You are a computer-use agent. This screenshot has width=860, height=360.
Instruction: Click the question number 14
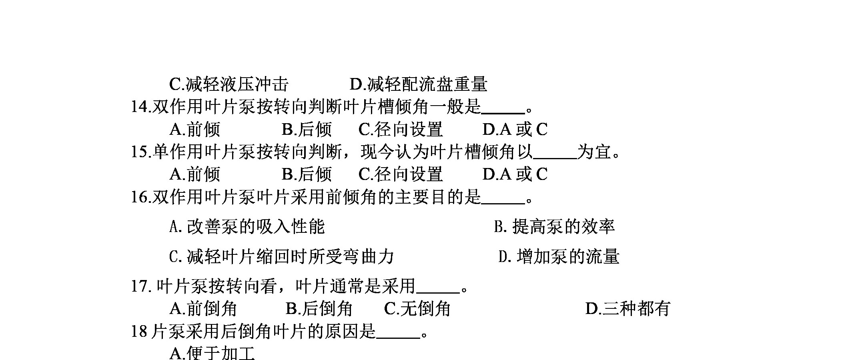pyautogui.click(x=140, y=107)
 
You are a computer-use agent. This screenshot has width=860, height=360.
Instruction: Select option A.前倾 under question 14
pyautogui.click(x=195, y=129)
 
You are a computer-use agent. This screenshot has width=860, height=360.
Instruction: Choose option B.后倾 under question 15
pyautogui.click(x=307, y=174)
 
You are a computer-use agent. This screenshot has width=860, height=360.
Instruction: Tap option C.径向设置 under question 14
pyautogui.click(x=401, y=129)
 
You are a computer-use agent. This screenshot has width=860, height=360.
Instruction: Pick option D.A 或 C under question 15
pyautogui.click(x=515, y=174)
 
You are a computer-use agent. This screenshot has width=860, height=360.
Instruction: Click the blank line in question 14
pyautogui.click(x=503, y=114)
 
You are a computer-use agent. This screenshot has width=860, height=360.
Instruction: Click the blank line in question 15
pyautogui.click(x=555, y=158)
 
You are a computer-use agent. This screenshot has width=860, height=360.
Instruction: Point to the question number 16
pyautogui.click(x=140, y=197)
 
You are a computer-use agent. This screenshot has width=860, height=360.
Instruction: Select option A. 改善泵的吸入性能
pyautogui.click(x=247, y=226)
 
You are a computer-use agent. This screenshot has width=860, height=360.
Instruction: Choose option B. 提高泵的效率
pyautogui.click(x=555, y=226)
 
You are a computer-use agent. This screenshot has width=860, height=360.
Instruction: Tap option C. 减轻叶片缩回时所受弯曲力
pyautogui.click(x=282, y=256)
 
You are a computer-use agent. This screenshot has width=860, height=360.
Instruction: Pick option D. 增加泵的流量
pyautogui.click(x=559, y=256)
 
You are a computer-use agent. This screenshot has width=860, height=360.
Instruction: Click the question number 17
pyautogui.click(x=140, y=286)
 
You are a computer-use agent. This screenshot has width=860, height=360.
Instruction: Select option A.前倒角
pyautogui.click(x=203, y=308)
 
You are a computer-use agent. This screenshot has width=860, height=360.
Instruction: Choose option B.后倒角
pyautogui.click(x=319, y=308)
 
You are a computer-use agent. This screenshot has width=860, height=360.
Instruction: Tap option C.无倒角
pyautogui.click(x=417, y=308)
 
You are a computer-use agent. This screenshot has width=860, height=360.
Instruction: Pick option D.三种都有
pyautogui.click(x=627, y=308)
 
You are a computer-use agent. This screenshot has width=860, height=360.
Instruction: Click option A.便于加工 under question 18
pyautogui.click(x=212, y=353)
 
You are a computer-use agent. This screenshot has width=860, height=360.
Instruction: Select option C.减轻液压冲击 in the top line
pyautogui.click(x=229, y=84)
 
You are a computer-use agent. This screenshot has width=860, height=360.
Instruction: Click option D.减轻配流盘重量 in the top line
pyautogui.click(x=419, y=84)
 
